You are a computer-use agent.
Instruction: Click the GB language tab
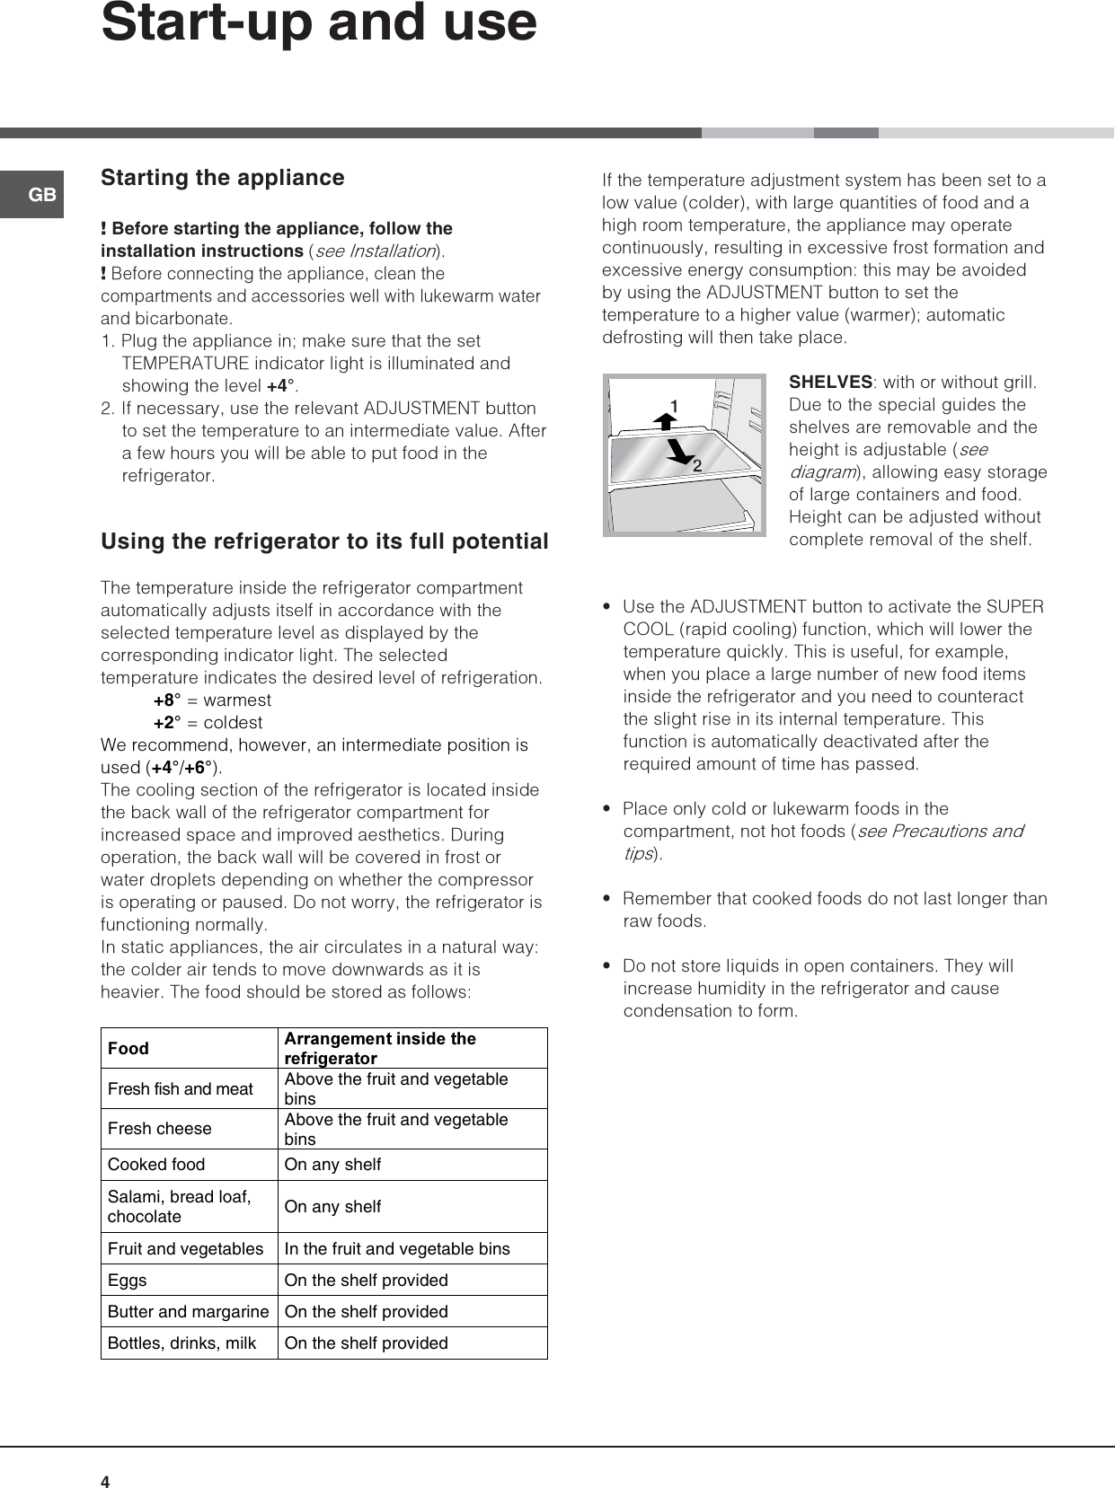click(x=41, y=195)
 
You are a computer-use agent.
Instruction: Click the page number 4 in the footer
click(x=105, y=1482)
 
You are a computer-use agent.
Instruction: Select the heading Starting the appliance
click(x=222, y=178)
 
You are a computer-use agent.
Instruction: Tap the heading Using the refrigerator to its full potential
click(x=324, y=541)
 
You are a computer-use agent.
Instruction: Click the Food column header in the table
click(x=128, y=1048)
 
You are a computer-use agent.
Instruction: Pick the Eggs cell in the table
click(x=127, y=1280)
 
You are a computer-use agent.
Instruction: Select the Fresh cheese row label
click(x=160, y=1129)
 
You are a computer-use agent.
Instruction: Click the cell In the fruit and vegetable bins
click(x=396, y=1248)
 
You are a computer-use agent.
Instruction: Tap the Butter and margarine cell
click(x=188, y=1311)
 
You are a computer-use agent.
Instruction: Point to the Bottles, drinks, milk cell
click(x=181, y=1343)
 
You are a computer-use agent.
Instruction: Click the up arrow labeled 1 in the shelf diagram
click(x=666, y=420)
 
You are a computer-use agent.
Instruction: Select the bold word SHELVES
click(x=830, y=382)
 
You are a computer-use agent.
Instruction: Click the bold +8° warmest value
click(x=167, y=700)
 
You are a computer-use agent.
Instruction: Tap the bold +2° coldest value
click(x=167, y=723)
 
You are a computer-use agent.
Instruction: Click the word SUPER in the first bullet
click(x=1014, y=606)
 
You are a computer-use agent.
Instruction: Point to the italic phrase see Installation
click(x=375, y=251)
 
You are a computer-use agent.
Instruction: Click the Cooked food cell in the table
click(x=156, y=1165)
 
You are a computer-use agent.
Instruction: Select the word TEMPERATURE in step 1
click(x=185, y=364)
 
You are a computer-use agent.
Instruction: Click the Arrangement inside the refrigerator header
click(x=380, y=1048)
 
